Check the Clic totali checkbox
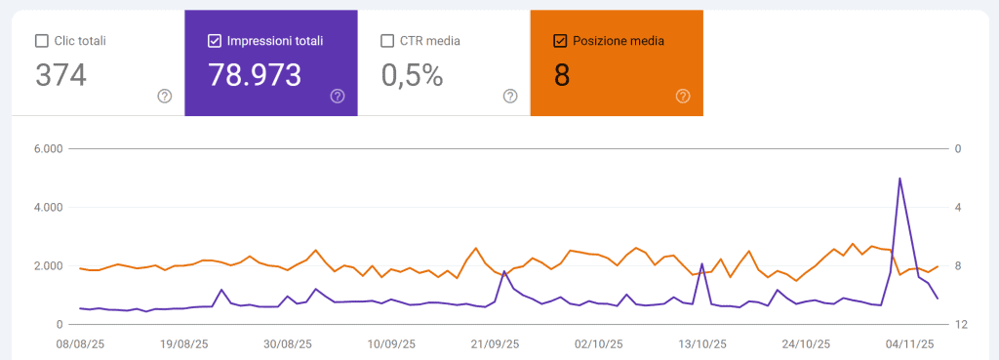(41, 41)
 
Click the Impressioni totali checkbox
(215, 41)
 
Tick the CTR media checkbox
(387, 41)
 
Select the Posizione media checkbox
(560, 41)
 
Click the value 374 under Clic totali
(60, 75)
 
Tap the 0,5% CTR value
(413, 75)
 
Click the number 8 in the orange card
(562, 75)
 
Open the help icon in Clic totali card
(165, 96)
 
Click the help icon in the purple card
(338, 96)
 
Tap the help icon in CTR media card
(510, 96)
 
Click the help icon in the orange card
(683, 96)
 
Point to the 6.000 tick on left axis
(47, 149)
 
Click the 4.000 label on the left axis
(47, 208)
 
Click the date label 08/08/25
(81, 344)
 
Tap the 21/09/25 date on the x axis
(495, 344)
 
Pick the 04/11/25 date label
(910, 344)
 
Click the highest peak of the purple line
(899, 179)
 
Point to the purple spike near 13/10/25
(702, 264)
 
